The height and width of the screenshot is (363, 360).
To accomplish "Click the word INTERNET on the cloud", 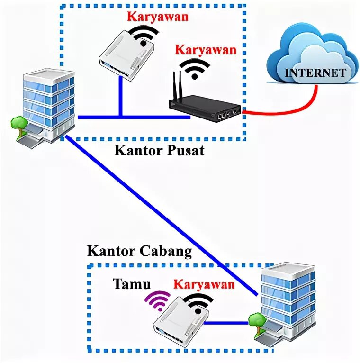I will (315, 73).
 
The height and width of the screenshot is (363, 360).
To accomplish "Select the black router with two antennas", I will (206, 108).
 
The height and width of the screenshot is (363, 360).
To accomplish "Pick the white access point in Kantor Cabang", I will (179, 322).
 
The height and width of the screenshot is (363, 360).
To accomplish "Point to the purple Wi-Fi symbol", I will (158, 299).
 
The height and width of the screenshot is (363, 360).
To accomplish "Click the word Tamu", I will (131, 284).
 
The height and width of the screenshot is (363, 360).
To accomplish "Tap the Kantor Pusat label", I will (159, 151).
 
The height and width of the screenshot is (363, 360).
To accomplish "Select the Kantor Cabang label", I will (139, 251).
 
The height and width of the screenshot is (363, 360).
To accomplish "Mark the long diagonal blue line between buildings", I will (161, 213).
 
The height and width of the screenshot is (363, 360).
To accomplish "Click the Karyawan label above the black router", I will (206, 50).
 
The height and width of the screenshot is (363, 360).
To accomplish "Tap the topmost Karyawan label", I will (157, 17).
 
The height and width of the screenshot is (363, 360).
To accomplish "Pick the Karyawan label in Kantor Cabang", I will (204, 284).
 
